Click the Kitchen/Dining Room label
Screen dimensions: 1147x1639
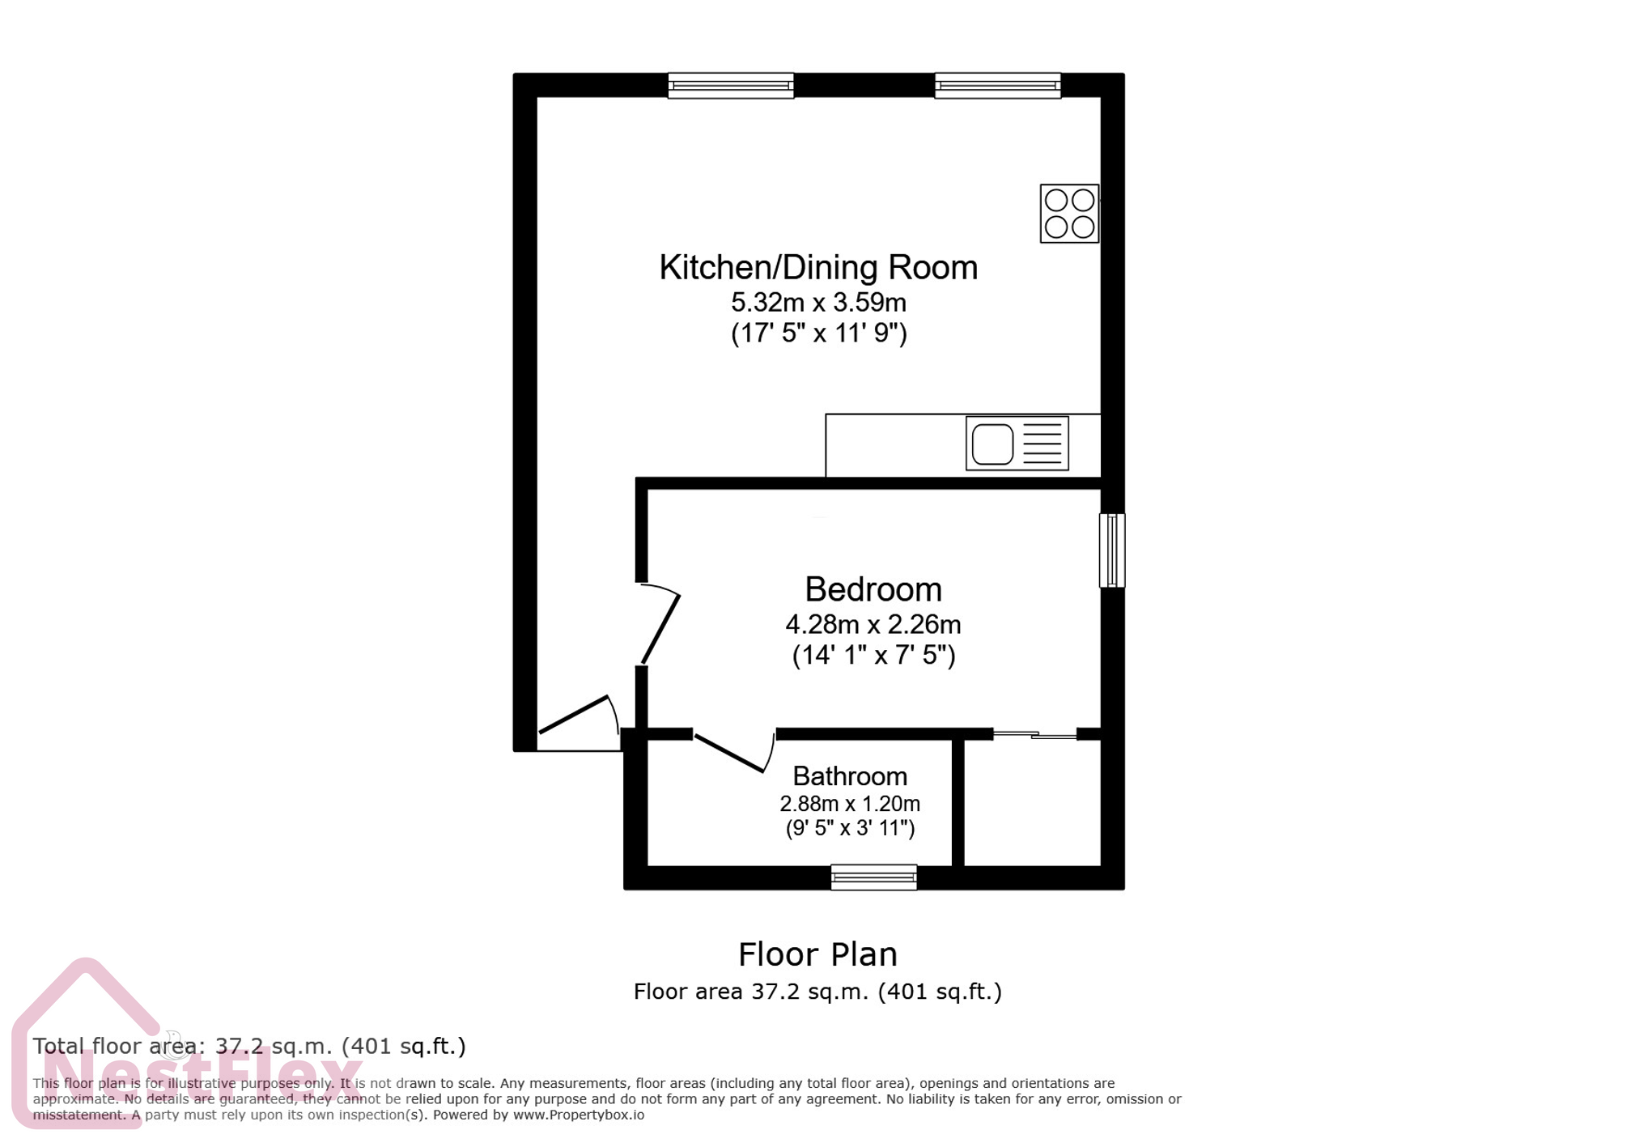pos(817,268)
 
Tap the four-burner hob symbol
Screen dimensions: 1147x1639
pos(1068,214)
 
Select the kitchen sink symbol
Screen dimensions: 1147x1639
pos(1017,444)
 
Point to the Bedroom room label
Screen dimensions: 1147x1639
pos(873,589)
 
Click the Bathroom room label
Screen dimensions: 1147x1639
pos(849,776)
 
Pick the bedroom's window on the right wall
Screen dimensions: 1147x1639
pos(1111,550)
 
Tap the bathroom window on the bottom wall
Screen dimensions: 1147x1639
pos(873,877)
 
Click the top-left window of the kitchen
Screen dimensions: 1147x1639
pos(730,85)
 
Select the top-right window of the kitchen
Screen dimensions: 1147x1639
pos(997,85)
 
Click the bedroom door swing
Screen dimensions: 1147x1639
pos(660,625)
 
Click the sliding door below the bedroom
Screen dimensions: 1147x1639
pos(1034,735)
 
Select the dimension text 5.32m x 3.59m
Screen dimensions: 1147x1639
pos(817,303)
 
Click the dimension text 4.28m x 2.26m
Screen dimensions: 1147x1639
pos(873,625)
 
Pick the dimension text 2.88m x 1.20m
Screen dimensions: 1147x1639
pos(849,804)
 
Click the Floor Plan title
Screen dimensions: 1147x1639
pos(817,955)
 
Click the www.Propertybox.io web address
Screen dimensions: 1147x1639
pos(578,1115)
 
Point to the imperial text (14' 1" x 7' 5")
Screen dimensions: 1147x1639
pos(873,655)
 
